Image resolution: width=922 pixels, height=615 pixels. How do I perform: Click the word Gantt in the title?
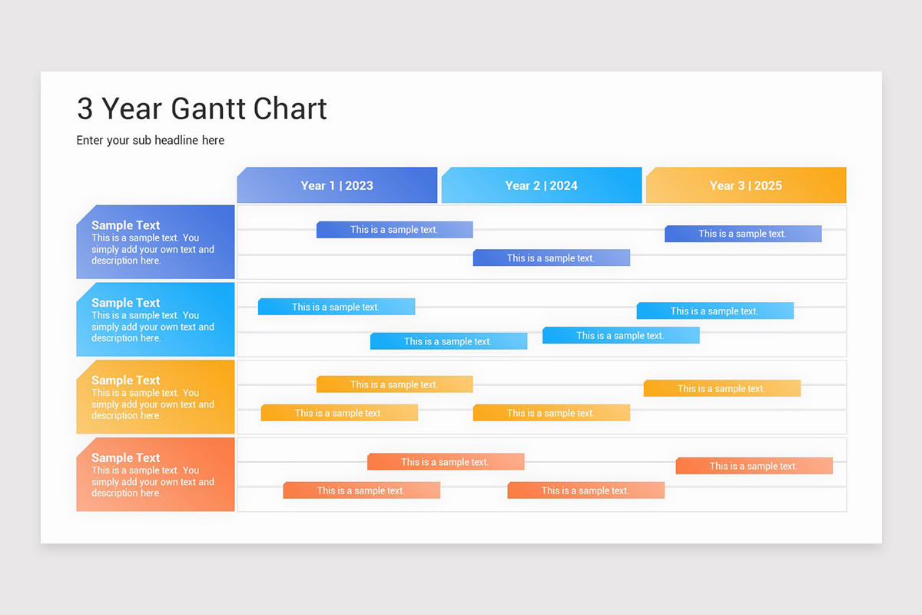[x=207, y=109]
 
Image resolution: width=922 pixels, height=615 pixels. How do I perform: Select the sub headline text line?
[x=151, y=141]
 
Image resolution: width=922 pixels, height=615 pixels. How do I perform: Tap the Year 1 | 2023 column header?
[x=337, y=185]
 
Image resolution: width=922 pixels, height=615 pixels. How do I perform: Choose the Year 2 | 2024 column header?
[x=541, y=185]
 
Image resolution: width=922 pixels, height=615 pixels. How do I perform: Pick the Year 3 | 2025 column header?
[x=745, y=185]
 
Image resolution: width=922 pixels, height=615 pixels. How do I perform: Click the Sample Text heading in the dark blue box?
[x=126, y=225]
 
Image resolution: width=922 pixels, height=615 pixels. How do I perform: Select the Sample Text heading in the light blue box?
[x=126, y=303]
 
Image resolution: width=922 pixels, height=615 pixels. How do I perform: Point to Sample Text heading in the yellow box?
[x=126, y=381]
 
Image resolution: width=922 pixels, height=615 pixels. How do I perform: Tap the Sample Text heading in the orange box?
[x=126, y=458]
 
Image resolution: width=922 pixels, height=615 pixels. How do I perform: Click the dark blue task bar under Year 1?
[x=394, y=230]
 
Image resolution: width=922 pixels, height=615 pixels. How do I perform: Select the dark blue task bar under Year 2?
[x=551, y=258]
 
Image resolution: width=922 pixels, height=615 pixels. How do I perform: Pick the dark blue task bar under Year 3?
[x=742, y=234]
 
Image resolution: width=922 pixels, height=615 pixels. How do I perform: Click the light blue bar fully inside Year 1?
[x=336, y=307]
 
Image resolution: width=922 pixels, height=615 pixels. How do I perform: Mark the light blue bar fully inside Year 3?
[x=715, y=311]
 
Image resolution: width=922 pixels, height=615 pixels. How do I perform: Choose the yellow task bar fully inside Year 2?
[x=551, y=413]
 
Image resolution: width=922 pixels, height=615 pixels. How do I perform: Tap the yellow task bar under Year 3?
[x=721, y=388]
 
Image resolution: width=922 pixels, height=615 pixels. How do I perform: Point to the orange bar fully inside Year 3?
[x=754, y=466]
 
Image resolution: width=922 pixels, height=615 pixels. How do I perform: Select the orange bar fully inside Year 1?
[x=361, y=490]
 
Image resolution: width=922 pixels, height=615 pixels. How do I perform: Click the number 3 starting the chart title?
[x=85, y=109]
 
